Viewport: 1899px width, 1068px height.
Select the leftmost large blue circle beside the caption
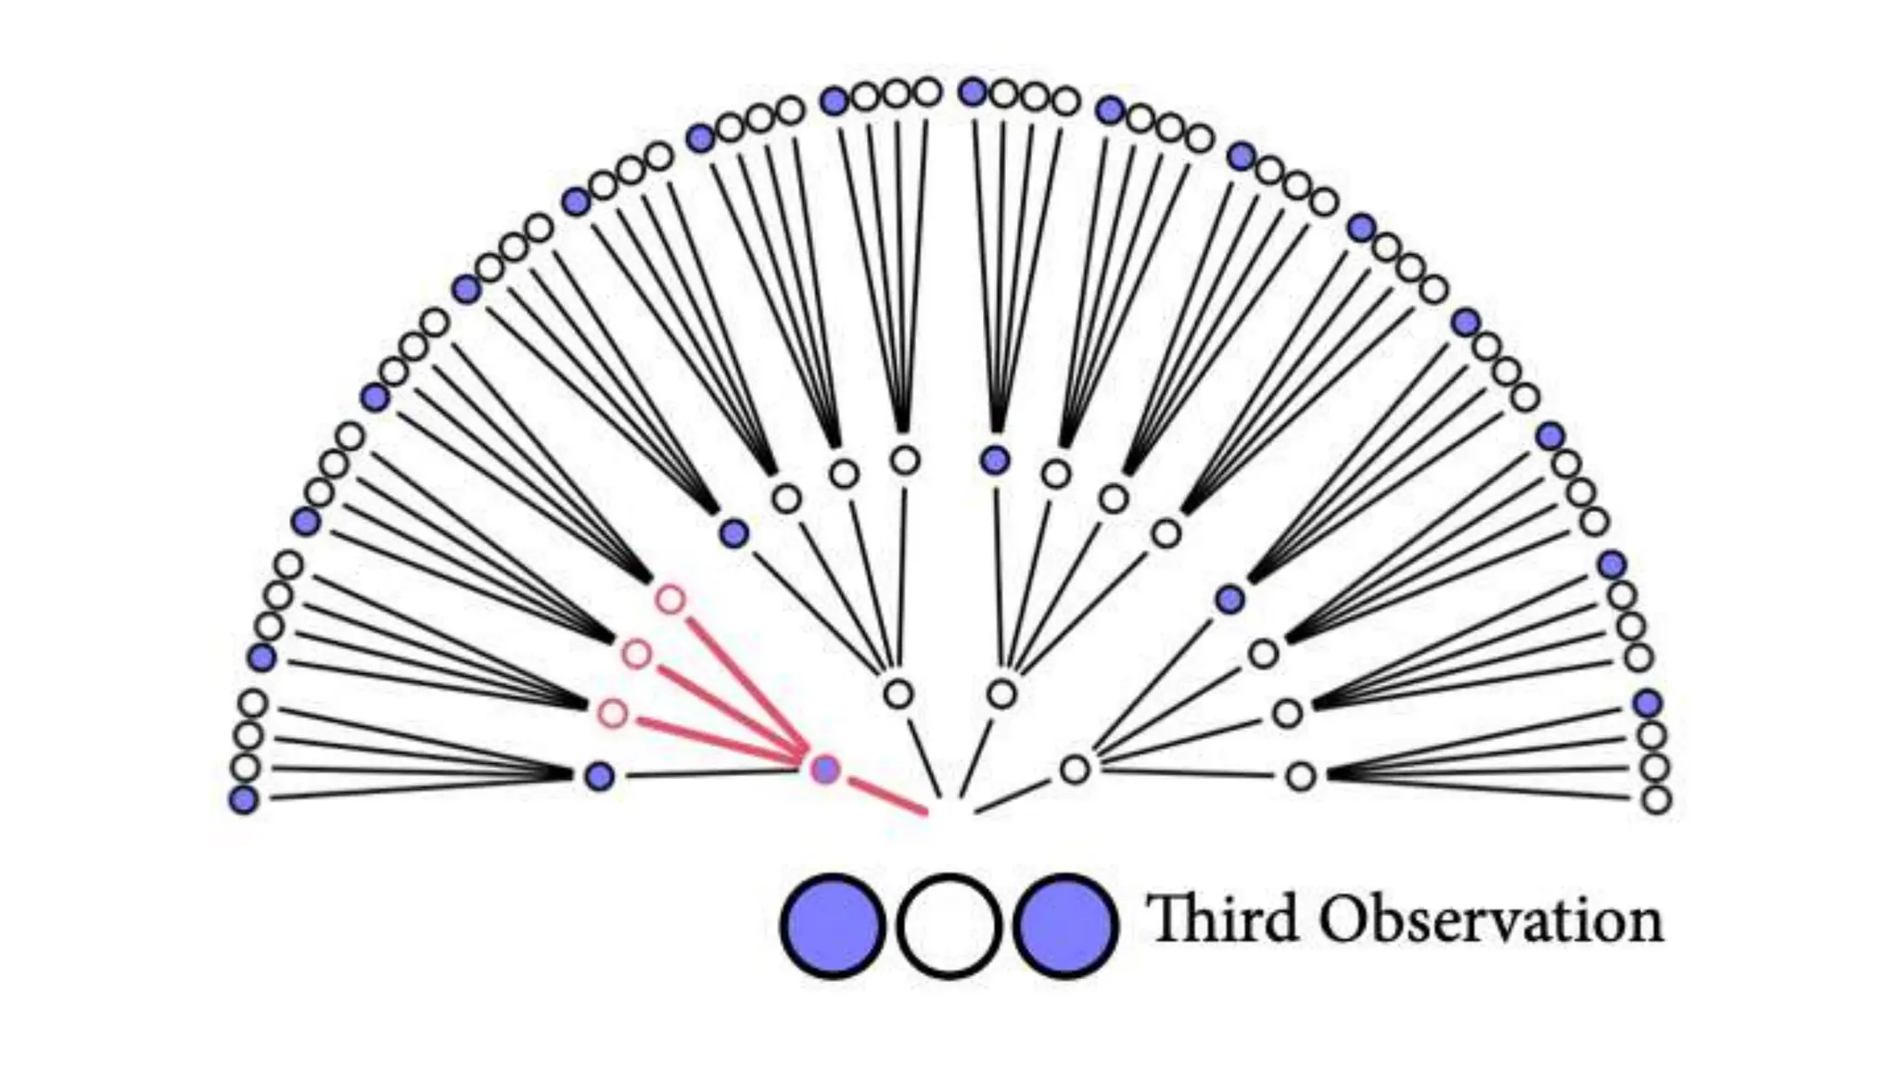[x=832, y=925]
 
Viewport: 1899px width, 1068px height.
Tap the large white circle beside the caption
[x=948, y=925]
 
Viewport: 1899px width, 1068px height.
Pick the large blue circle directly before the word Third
[x=1064, y=925]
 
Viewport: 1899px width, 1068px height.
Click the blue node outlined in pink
[x=825, y=769]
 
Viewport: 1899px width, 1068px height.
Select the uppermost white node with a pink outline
[x=670, y=600]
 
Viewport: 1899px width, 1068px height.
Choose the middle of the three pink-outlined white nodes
[x=636, y=655]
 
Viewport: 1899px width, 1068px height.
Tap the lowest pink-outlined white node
[x=612, y=714]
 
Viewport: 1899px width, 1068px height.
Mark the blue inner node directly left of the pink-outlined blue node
[x=600, y=776]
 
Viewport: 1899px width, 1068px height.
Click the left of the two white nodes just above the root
[x=898, y=693]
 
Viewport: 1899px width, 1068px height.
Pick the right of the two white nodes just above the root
[x=1001, y=693]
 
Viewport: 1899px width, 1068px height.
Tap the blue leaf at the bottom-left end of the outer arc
[x=244, y=798]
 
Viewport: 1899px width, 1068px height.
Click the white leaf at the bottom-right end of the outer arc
[x=1656, y=798]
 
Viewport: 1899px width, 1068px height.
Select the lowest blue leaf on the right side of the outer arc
[x=1647, y=703]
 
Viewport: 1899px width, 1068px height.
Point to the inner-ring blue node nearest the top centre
[x=995, y=459]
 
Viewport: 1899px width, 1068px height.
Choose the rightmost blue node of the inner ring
[x=1230, y=600]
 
